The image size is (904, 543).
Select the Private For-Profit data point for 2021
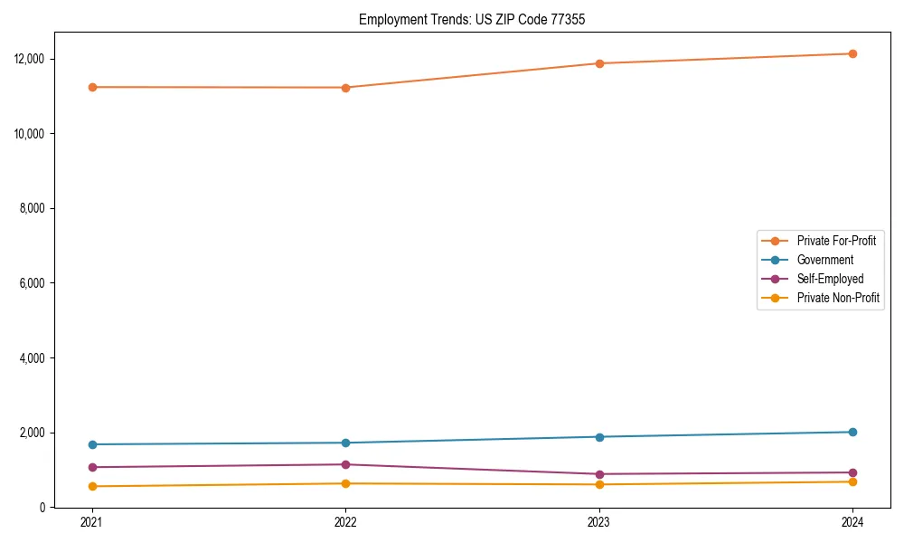[x=92, y=87]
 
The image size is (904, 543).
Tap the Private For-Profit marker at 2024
[x=852, y=53]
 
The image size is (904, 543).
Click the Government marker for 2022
[x=345, y=443]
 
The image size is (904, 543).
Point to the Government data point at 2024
[x=852, y=432]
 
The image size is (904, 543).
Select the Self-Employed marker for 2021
[x=92, y=467]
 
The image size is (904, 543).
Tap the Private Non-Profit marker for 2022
[x=345, y=483]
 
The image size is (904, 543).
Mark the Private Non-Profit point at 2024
[x=852, y=481]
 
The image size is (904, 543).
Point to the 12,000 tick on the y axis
[x=30, y=59]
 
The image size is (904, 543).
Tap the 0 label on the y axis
[x=43, y=508]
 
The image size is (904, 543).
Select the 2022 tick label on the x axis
[x=345, y=522]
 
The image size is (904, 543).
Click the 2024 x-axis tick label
[x=852, y=522]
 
